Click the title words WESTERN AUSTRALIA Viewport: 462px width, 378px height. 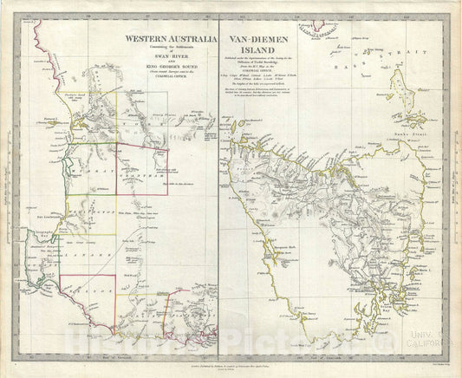point(166,39)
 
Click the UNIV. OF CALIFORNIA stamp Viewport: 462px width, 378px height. point(431,348)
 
